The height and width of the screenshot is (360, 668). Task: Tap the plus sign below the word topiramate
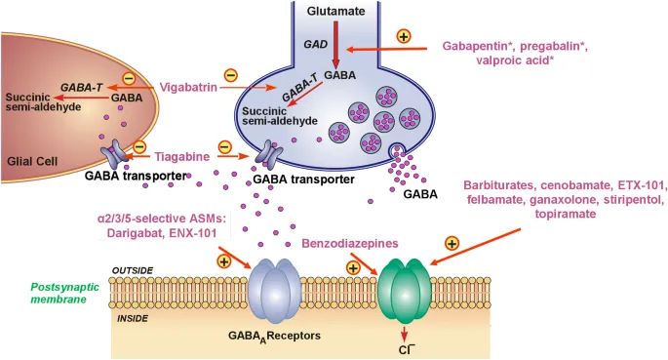(x=452, y=242)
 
